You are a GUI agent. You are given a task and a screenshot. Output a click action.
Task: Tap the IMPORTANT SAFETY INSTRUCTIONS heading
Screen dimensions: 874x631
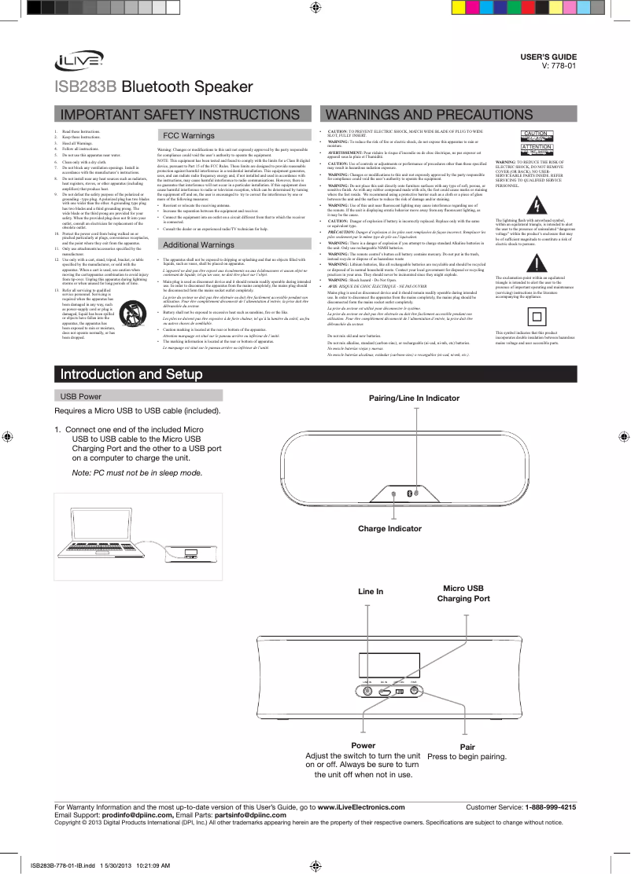point(179,116)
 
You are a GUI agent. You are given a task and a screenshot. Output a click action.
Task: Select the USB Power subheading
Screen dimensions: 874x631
point(76,396)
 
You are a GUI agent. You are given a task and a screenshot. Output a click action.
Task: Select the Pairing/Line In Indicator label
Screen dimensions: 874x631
point(414,398)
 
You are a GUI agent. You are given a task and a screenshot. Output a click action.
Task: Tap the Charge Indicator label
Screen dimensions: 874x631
point(389,529)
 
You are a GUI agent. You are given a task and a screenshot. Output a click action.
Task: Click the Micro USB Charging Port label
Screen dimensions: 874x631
point(463,593)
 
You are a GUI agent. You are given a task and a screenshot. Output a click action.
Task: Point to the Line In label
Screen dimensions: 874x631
point(371,589)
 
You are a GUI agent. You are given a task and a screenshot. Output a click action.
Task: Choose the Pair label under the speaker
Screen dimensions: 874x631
point(467,746)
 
